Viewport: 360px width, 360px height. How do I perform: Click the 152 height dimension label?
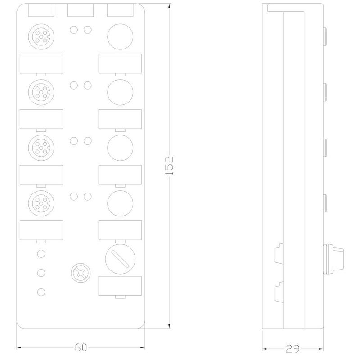(170, 166)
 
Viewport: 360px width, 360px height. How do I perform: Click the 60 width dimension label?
(81, 347)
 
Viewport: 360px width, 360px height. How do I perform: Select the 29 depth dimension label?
(293, 349)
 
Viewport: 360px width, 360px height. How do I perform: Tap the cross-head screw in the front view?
(81, 273)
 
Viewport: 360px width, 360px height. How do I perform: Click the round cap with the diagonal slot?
(120, 259)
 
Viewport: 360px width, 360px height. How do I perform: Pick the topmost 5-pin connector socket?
(41, 37)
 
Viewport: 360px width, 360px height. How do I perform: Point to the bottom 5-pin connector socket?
(41, 203)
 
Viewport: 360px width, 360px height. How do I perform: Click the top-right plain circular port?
(120, 37)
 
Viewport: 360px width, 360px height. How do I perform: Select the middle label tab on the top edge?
(81, 10)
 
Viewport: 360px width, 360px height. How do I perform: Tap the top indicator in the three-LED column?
(41, 254)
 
